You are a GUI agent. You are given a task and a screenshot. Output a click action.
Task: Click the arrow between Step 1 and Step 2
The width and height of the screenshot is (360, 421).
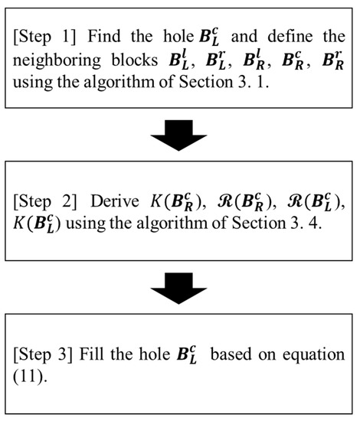click(x=178, y=135)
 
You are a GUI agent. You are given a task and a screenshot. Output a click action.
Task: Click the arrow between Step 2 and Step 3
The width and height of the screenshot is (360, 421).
click(x=178, y=288)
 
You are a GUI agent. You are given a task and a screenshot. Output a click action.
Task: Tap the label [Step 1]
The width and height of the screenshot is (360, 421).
click(x=44, y=37)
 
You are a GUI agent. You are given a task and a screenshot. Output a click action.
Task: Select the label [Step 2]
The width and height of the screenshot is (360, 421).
click(x=45, y=201)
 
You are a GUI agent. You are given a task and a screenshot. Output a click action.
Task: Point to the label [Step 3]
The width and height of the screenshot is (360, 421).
click(x=43, y=354)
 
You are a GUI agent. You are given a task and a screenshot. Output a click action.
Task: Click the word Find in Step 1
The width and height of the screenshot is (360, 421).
click(x=104, y=36)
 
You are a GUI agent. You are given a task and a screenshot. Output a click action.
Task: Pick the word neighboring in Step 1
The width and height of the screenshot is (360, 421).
click(x=57, y=60)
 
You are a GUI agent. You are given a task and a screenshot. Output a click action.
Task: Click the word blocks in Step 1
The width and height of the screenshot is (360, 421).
click(x=135, y=60)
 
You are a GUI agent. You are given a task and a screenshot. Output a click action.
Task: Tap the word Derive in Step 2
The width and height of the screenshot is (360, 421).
click(x=115, y=201)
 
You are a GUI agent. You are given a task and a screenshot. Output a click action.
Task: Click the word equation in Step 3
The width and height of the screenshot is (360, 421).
click(x=313, y=355)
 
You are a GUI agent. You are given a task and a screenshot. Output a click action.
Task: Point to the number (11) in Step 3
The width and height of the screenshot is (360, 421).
click(x=28, y=377)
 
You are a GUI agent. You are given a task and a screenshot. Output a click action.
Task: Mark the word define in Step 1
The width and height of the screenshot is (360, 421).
click(x=290, y=36)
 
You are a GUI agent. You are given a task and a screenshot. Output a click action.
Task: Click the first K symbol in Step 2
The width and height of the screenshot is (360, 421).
click(x=156, y=201)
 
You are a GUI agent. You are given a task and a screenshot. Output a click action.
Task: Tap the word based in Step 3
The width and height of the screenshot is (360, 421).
click(x=231, y=354)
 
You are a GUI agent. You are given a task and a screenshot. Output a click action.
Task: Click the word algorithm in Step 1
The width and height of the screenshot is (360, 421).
click(x=119, y=83)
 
